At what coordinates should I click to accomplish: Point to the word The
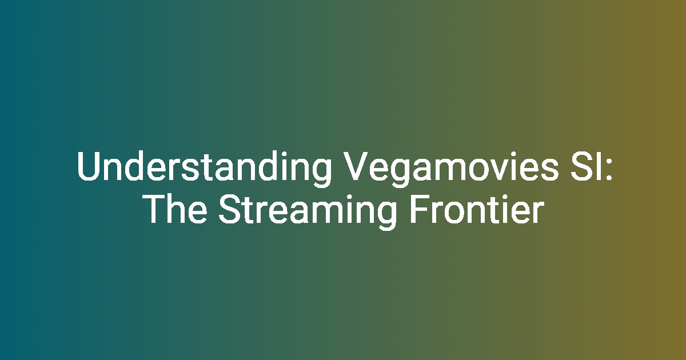pyautogui.click(x=176, y=209)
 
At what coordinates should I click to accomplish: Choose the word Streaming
pyautogui.click(x=307, y=211)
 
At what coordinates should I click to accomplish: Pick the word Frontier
pyautogui.click(x=476, y=209)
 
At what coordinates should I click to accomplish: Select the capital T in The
pyautogui.click(x=156, y=210)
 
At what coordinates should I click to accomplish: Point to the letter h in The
pyautogui.click(x=178, y=209)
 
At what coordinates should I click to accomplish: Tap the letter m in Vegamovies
pyautogui.click(x=452, y=170)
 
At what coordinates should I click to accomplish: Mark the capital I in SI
pyautogui.click(x=597, y=166)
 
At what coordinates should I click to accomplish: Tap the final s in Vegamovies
pyautogui.click(x=550, y=170)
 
